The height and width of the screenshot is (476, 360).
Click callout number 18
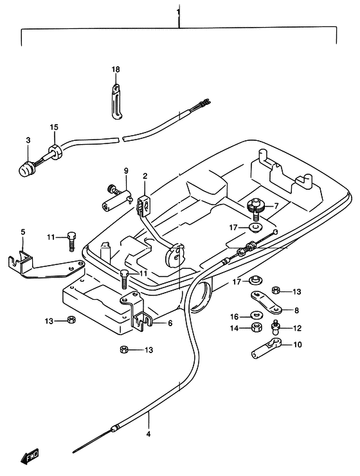pyautogui.click(x=116, y=69)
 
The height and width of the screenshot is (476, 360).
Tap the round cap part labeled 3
pyautogui.click(x=26, y=169)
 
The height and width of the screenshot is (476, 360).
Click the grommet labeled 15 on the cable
pyautogui.click(x=55, y=152)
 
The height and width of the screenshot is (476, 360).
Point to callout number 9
pyautogui.click(x=126, y=170)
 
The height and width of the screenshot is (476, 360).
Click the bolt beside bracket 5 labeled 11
pyautogui.click(x=71, y=241)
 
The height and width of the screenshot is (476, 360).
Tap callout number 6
pyautogui.click(x=170, y=324)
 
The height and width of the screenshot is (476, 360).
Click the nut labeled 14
pyautogui.click(x=256, y=328)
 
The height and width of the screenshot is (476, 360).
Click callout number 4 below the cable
pyautogui.click(x=148, y=434)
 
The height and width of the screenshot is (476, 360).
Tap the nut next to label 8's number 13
pyautogui.click(x=276, y=291)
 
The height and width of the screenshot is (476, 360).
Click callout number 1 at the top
pyautogui.click(x=178, y=13)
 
